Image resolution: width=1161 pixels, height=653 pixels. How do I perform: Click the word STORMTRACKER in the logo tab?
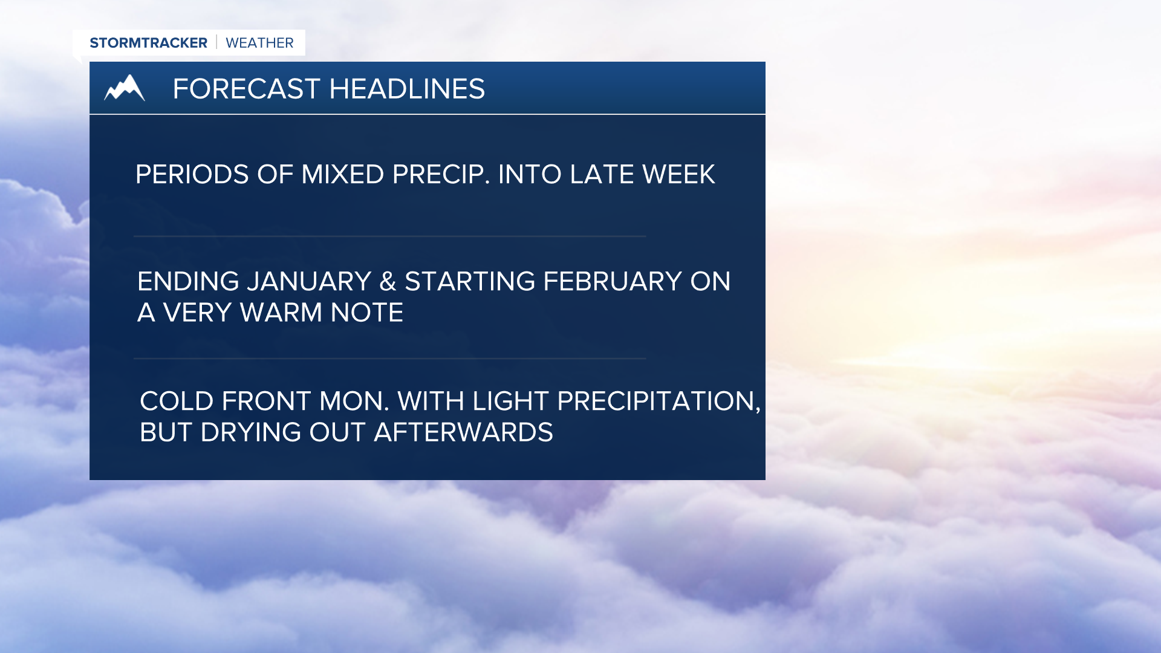coord(148,43)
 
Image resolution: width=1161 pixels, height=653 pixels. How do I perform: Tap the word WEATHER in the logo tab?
coord(259,43)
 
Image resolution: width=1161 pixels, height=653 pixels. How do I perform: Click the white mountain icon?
coord(125,88)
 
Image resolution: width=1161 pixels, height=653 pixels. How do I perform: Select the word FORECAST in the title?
coord(246,89)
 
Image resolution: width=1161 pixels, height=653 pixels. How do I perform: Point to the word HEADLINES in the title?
coord(407,89)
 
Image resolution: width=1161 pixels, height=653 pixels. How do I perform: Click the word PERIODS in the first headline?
coord(192,175)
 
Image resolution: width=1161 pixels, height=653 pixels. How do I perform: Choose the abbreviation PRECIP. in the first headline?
coord(441,175)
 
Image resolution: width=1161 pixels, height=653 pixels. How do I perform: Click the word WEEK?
coord(678,175)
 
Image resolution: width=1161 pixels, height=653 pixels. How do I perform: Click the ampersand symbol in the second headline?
coord(388,282)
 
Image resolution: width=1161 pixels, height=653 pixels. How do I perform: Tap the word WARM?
coord(281,313)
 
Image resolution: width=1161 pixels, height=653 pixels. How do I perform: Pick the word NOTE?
coord(367,313)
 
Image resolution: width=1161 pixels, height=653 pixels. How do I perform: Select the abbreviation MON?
coord(354,401)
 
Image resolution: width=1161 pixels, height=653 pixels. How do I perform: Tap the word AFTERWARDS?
coord(463,432)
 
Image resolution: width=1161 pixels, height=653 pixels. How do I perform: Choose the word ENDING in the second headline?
coord(188,282)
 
